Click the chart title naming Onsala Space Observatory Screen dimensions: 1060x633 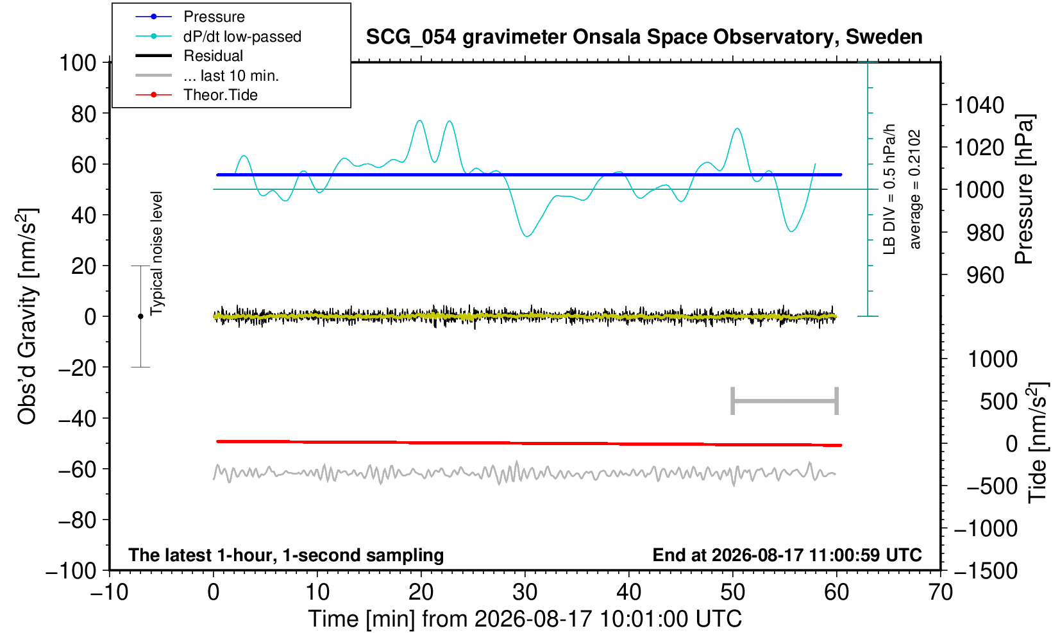(x=644, y=37)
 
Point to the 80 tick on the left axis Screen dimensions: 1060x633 (x=84, y=114)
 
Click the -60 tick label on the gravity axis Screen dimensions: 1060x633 (x=77, y=469)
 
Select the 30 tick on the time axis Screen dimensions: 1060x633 (x=525, y=593)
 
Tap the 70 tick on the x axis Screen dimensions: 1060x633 (x=940, y=593)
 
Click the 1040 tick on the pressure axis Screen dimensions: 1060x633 (x=979, y=105)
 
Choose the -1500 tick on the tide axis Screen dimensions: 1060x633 (x=986, y=571)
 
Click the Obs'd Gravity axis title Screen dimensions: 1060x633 (x=26, y=316)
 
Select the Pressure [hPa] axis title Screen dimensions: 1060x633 (x=1025, y=189)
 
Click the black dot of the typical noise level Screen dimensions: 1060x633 (x=140, y=316)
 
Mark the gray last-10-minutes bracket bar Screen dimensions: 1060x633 (x=785, y=401)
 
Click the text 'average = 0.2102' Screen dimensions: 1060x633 (x=915, y=189)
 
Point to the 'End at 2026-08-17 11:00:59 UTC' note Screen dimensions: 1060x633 (x=787, y=555)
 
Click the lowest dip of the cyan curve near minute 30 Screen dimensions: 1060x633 (x=527, y=236)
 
